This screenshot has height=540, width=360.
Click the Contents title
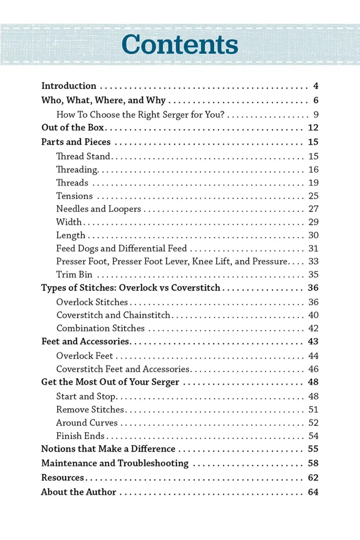pyautogui.click(x=180, y=45)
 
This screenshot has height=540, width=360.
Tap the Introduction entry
pyautogui.click(x=69, y=86)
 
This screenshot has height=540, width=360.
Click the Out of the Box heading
pyautogui.click(x=72, y=128)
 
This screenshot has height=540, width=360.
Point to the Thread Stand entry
pyautogui.click(x=83, y=157)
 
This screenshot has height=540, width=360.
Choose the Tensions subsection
pyautogui.click(x=74, y=196)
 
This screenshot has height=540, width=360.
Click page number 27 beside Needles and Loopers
pyautogui.click(x=313, y=209)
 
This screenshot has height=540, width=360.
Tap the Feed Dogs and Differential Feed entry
pyautogui.click(x=121, y=248)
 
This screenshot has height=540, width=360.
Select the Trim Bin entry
pyautogui.click(x=74, y=274)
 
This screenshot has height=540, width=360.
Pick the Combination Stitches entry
pyautogui.click(x=100, y=328)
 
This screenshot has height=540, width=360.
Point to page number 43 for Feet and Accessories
pyautogui.click(x=313, y=342)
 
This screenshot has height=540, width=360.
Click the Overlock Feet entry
pyautogui.click(x=85, y=356)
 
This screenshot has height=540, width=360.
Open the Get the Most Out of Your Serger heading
pyautogui.click(x=110, y=383)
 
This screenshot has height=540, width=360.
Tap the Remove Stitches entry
pyautogui.click(x=90, y=410)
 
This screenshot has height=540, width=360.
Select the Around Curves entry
pyautogui.click(x=87, y=423)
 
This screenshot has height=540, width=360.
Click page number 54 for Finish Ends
pyautogui.click(x=313, y=436)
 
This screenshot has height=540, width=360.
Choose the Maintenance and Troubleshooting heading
pyautogui.click(x=115, y=463)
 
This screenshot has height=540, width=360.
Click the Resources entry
pyautogui.click(x=63, y=478)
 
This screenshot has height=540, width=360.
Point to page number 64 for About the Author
pyautogui.click(x=313, y=492)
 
